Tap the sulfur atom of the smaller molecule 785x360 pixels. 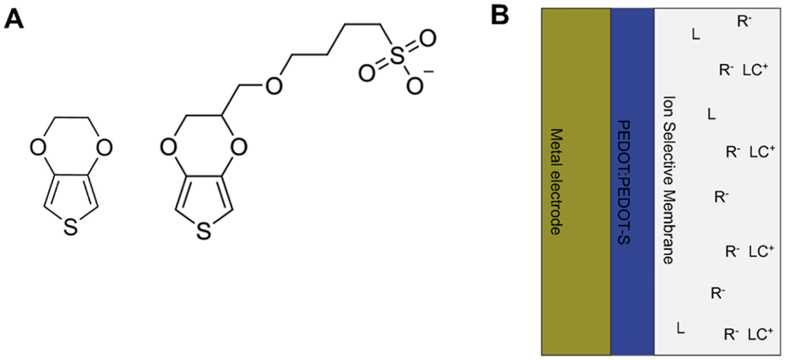coord(71,228)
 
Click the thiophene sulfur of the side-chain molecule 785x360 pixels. coord(203,232)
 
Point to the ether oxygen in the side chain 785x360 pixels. coord(274,86)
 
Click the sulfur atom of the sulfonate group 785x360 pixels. coord(396,57)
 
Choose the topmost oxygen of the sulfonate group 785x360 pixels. coord(427,39)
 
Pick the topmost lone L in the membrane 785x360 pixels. coord(696,34)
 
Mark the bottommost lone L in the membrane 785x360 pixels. coord(681,328)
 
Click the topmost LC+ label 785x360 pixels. coord(755,70)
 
